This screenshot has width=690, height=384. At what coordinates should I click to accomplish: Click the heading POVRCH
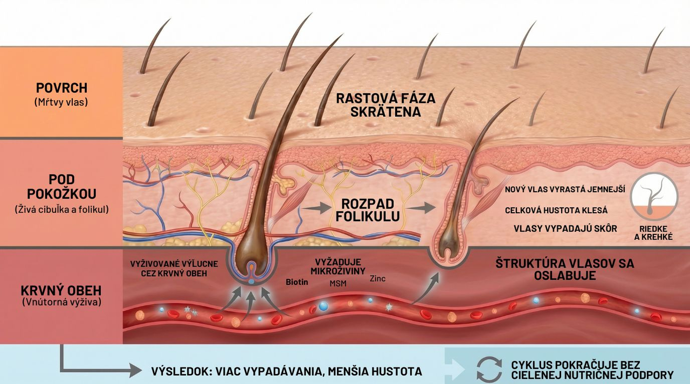tap(61, 88)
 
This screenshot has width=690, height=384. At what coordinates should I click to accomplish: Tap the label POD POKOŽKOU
tap(61, 187)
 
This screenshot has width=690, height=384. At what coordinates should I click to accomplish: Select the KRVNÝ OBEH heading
tap(61, 290)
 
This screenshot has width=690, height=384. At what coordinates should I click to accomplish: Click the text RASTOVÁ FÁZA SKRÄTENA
tap(385, 105)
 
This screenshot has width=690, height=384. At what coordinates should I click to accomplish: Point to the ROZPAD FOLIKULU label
tap(368, 210)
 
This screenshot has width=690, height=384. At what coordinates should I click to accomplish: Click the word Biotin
tap(296, 282)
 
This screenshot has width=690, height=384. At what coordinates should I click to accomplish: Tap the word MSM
tap(338, 283)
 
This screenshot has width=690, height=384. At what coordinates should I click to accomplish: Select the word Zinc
tap(377, 279)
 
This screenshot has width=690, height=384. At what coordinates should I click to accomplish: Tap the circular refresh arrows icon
tap(489, 369)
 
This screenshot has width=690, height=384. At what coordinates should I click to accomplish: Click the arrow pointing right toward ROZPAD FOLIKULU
tap(316, 208)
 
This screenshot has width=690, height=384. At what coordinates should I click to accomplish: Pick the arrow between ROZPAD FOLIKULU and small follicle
tap(422, 208)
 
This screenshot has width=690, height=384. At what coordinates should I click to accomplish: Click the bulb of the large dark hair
tap(252, 258)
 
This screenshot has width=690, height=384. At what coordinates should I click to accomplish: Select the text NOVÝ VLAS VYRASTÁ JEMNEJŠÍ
tap(565, 190)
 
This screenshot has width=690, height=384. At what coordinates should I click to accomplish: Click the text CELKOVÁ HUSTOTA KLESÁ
tap(556, 211)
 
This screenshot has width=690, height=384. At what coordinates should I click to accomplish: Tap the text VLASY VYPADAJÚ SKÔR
tap(565, 228)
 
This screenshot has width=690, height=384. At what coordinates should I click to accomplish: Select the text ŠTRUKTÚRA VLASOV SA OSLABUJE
tap(564, 269)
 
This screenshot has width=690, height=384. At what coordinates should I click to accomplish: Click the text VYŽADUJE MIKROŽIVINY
tap(338, 267)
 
